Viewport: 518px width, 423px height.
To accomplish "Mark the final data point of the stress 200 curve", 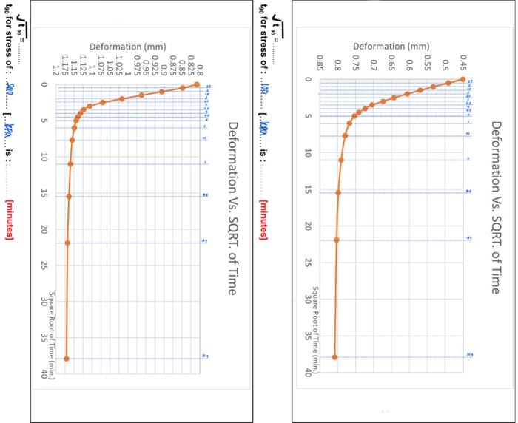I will click(x=67, y=359).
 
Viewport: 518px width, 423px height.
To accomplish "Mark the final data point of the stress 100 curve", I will click(x=334, y=357).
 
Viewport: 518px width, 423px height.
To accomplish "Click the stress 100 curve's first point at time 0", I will click(x=462, y=79).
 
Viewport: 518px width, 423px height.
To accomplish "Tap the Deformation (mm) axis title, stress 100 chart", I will click(x=391, y=47).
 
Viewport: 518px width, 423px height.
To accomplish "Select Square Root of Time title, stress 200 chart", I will click(x=52, y=329).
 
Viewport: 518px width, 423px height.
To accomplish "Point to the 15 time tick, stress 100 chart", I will click(x=308, y=191).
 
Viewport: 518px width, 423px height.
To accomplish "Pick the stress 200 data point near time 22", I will click(x=67, y=243).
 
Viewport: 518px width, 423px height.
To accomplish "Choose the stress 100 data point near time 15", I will click(x=338, y=193).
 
